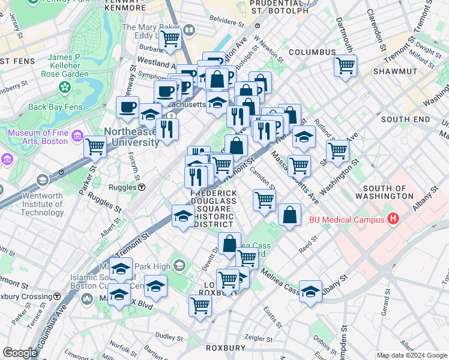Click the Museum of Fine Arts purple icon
click(77, 136)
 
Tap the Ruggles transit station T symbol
click(141, 187)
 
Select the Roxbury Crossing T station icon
click(57, 296)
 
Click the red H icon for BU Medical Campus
click(393, 219)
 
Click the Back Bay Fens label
click(54, 107)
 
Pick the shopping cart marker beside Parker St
click(95, 145)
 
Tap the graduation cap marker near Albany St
click(310, 292)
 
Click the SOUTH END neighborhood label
click(405, 119)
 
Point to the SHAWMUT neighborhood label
click(394, 71)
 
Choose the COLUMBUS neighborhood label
click(312, 52)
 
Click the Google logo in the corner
click(20, 353)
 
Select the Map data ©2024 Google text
click(412, 355)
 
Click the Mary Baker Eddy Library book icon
click(189, 29)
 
